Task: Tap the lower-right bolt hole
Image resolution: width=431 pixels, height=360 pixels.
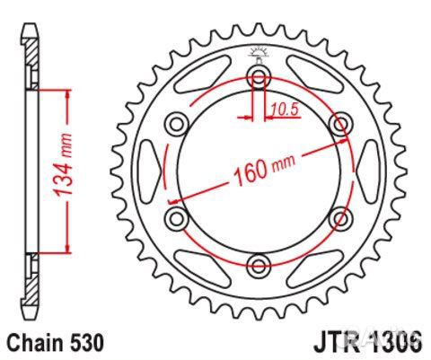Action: click(x=340, y=216)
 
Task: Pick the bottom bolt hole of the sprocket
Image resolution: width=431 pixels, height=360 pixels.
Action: click(x=259, y=263)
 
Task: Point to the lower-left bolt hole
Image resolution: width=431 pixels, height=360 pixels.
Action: click(x=176, y=216)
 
